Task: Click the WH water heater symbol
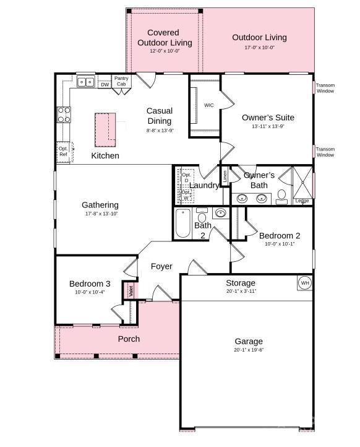(304, 283)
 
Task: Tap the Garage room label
(248, 341)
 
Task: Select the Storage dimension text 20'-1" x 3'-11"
(241, 291)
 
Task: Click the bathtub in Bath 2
(183, 224)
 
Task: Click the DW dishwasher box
(105, 84)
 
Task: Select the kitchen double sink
(86, 82)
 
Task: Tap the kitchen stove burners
(64, 114)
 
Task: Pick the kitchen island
(106, 127)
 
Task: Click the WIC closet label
(209, 105)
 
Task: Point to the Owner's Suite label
(268, 117)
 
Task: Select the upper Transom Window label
(325, 89)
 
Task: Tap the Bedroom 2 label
(280, 235)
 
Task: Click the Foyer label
(161, 266)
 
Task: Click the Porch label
(129, 339)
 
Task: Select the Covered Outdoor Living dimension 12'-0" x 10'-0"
(164, 51)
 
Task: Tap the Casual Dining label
(159, 116)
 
